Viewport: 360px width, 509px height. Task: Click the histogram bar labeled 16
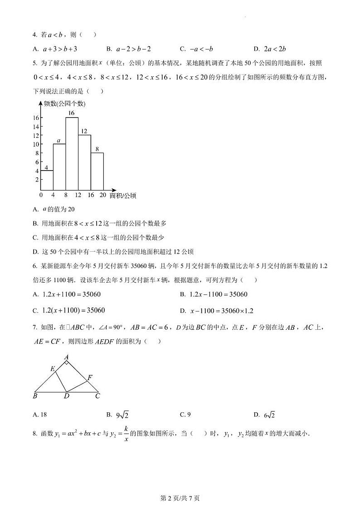click(72, 153)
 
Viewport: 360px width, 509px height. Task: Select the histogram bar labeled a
click(59, 166)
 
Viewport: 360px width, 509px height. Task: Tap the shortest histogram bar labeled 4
click(47, 180)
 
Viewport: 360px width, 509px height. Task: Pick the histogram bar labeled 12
click(84, 162)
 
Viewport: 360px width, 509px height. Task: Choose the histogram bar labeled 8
click(97, 171)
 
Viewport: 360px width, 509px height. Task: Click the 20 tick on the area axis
click(103, 195)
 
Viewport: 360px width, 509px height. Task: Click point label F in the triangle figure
click(90, 377)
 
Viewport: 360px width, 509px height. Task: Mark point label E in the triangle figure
click(53, 369)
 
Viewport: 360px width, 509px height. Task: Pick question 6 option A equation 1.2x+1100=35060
click(67, 294)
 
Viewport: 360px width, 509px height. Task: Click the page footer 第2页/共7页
click(180, 498)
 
